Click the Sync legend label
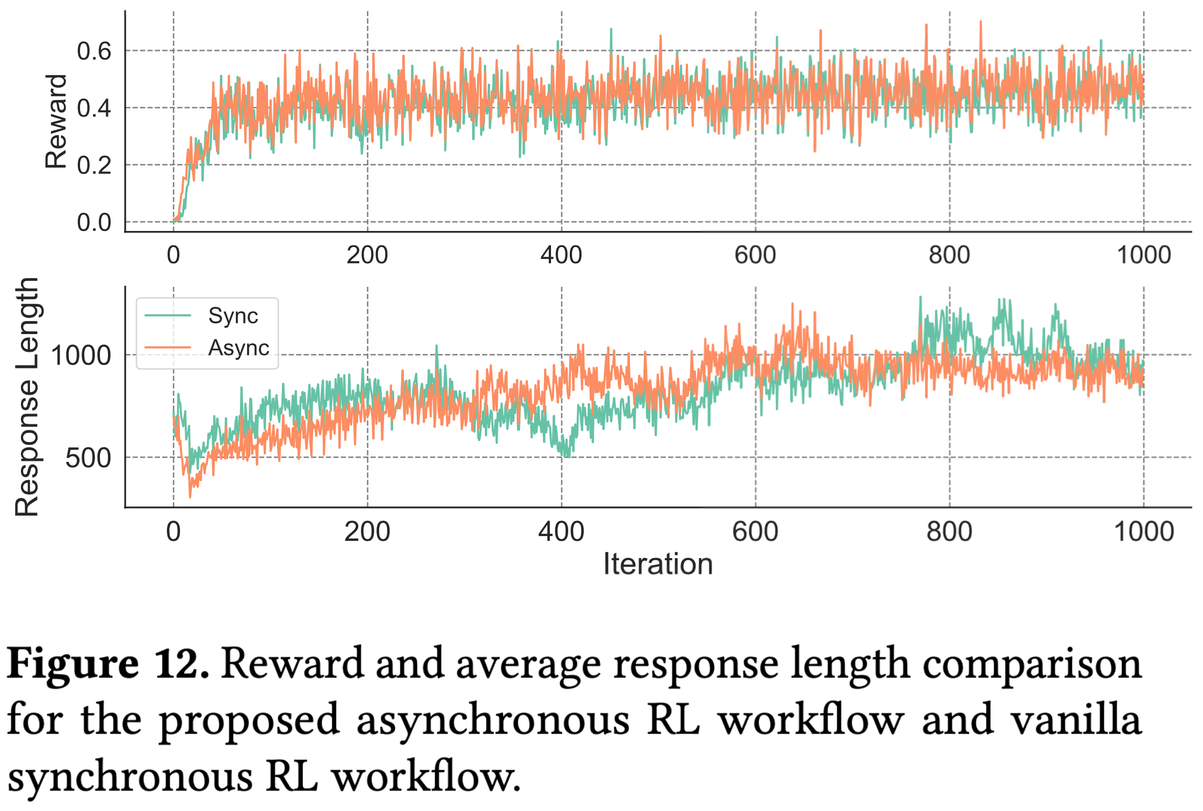[x=233, y=316]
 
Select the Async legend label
[x=239, y=348]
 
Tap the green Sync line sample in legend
[x=168, y=316]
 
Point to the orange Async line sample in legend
[x=168, y=347]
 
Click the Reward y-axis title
[x=56, y=121]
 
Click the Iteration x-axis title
[x=658, y=564]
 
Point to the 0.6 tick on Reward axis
[x=94, y=52]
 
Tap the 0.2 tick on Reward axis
[x=94, y=165]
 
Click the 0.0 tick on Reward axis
[x=94, y=222]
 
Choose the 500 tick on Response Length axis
[x=88, y=458]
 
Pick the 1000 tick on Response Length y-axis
[x=81, y=356]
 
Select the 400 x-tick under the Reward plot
[x=561, y=255]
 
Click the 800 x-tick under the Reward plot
[x=950, y=255]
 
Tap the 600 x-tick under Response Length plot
[x=755, y=532]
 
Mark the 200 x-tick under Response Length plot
[x=367, y=532]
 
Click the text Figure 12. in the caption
[x=108, y=664]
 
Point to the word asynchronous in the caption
[x=493, y=720]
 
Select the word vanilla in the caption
[x=1076, y=719]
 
